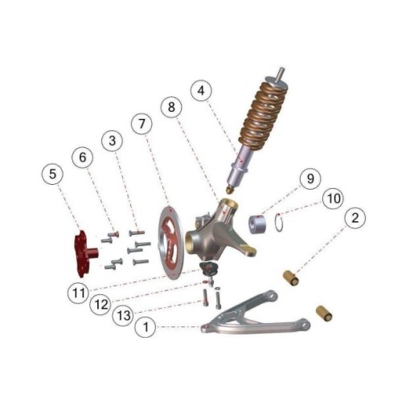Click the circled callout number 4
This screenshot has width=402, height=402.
[x=201, y=90]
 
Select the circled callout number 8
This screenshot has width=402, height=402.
[x=171, y=107]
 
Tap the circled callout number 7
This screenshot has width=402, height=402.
[x=142, y=124]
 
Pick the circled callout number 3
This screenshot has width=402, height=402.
[x=113, y=140]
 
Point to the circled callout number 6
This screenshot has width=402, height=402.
[x=83, y=157]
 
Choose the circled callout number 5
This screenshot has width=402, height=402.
[x=53, y=174]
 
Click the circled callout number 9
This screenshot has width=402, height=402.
[x=310, y=178]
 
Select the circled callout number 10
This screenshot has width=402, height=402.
[x=334, y=199]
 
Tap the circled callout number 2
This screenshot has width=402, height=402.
[x=355, y=218]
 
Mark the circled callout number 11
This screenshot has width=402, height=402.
[x=79, y=293]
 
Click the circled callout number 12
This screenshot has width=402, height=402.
[x=101, y=305]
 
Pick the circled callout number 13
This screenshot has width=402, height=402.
[x=124, y=315]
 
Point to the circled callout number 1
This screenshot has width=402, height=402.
[x=146, y=327]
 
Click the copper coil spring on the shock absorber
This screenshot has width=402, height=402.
[x=264, y=115]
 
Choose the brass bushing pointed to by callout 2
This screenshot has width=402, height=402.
[x=291, y=278]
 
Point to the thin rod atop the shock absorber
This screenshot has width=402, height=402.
[x=281, y=74]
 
